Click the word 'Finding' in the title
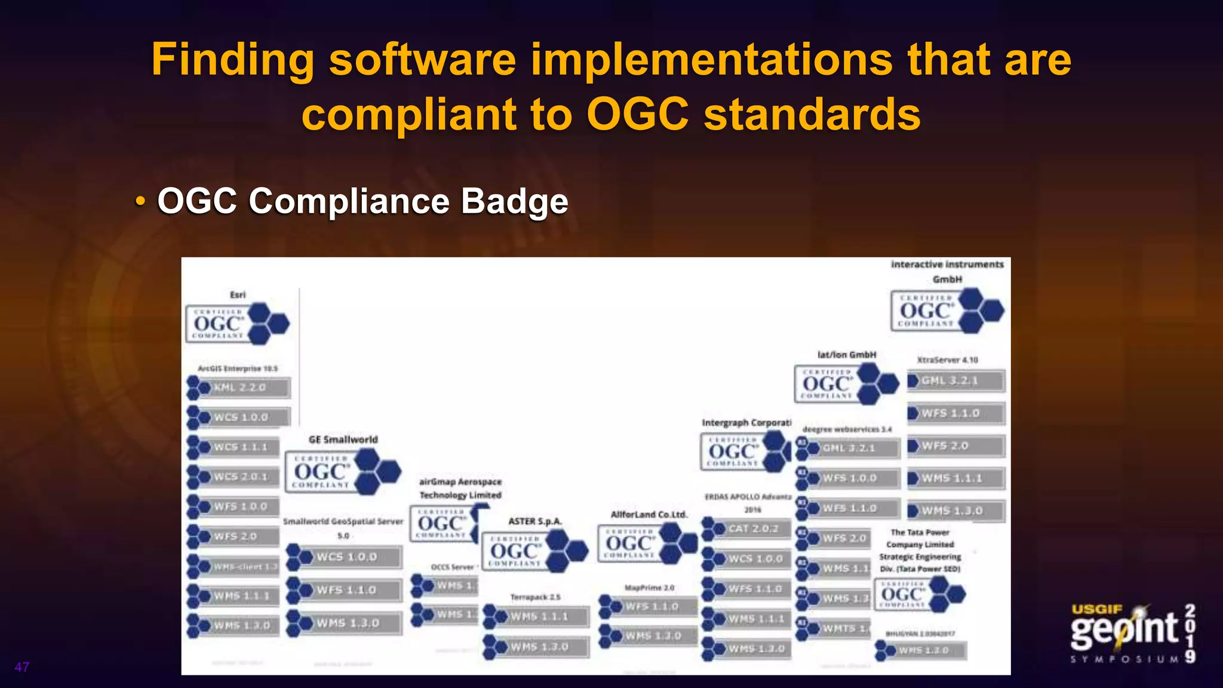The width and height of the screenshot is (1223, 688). pos(232,60)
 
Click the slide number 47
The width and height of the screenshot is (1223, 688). pos(22,667)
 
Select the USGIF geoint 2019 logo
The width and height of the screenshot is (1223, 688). pos(1132,633)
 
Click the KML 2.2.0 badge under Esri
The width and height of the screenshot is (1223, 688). pos(239,388)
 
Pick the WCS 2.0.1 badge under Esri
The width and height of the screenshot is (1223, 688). pos(234,477)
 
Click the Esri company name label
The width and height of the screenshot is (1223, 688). pos(238,294)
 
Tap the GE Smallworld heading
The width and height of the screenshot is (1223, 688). pos(343,440)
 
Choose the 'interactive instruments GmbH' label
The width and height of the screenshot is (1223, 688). pos(947,271)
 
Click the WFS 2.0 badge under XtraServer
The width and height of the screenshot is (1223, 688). pos(955,446)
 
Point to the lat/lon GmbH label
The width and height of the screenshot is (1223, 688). pos(846,355)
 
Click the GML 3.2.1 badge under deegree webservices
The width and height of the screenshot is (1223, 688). pos(849,448)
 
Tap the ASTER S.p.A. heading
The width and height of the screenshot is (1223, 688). pos(534,521)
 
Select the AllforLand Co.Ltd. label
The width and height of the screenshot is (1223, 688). pos(649,514)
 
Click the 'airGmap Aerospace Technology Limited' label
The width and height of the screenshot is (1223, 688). pos(460,488)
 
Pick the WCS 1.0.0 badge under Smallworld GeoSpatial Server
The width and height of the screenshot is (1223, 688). pos(345,557)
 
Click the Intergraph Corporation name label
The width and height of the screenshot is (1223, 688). pos(746,423)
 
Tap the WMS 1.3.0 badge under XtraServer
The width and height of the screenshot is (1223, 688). pos(955,511)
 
